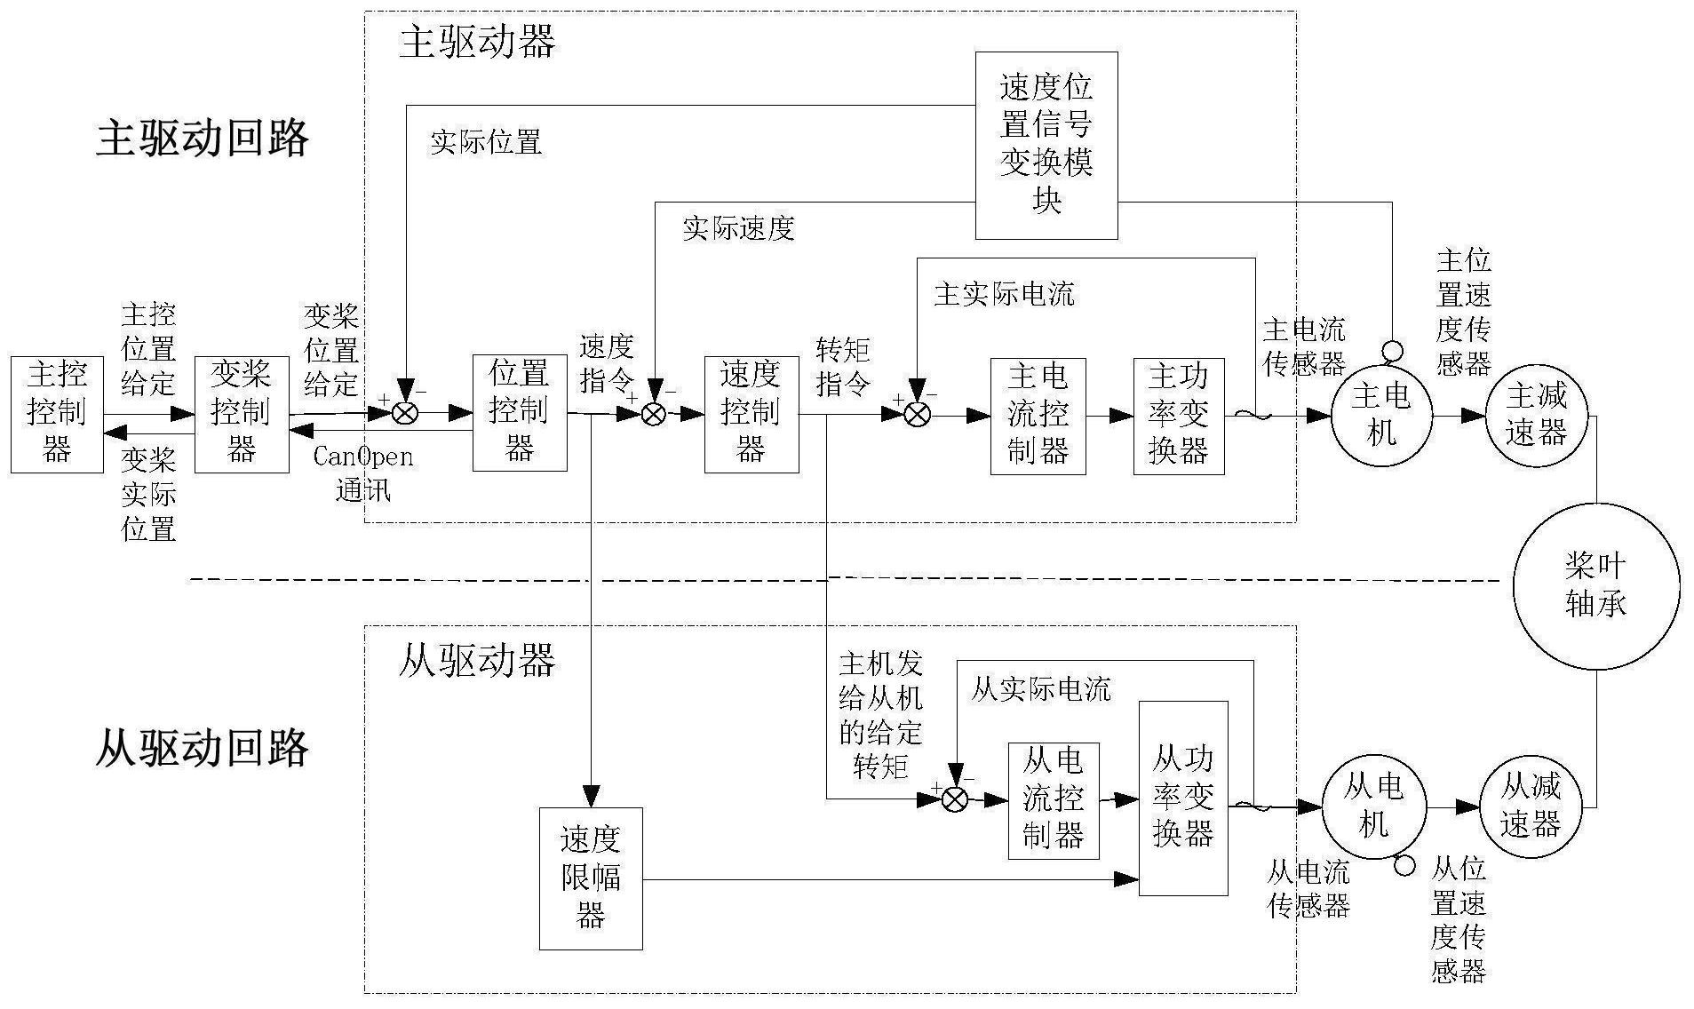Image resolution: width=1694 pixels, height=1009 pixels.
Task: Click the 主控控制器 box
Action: click(x=57, y=414)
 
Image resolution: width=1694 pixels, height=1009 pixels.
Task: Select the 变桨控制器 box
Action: click(x=242, y=414)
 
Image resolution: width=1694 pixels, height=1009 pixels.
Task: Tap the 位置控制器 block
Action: click(x=520, y=413)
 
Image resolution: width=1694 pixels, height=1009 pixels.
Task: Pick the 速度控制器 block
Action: click(x=752, y=415)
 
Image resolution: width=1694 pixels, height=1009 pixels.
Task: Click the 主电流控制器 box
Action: click(x=1038, y=416)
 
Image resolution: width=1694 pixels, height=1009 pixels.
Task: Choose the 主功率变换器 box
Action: click(x=1179, y=416)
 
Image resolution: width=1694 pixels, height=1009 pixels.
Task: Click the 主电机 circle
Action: click(x=1381, y=416)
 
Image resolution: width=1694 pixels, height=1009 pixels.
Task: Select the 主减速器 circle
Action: click(x=1537, y=416)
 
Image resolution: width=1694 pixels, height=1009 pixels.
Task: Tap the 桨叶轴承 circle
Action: click(x=1596, y=585)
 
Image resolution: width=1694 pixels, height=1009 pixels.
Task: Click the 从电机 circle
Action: click(x=1374, y=807)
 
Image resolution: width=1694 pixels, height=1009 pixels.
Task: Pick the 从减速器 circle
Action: click(x=1531, y=807)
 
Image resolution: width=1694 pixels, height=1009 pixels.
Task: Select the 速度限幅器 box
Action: click(x=591, y=878)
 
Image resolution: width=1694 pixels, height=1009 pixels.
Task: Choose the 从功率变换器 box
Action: click(x=1183, y=798)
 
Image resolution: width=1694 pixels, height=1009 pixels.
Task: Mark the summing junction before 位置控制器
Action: click(x=406, y=413)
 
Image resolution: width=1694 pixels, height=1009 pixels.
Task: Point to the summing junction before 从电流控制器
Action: click(x=954, y=799)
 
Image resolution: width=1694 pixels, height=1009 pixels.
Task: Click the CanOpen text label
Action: click(x=363, y=457)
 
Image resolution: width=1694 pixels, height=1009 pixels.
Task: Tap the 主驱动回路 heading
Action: click(x=203, y=139)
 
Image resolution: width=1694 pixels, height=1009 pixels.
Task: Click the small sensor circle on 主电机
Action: click(x=1392, y=351)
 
